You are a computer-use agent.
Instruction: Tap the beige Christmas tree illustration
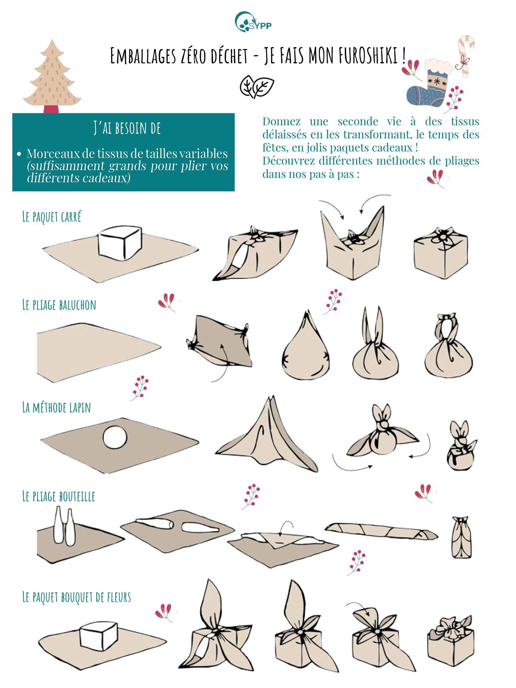pyautogui.click(x=52, y=76)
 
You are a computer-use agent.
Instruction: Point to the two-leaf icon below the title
pyautogui.click(x=257, y=87)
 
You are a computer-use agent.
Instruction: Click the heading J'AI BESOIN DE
pyautogui.click(x=127, y=128)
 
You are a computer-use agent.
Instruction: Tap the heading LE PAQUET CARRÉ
pyautogui.click(x=52, y=217)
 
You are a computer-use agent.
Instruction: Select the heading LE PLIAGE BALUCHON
pyautogui.click(x=59, y=305)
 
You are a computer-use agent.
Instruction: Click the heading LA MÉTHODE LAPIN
pyautogui.click(x=56, y=407)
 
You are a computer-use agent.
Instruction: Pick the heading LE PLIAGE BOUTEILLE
pyautogui.click(x=59, y=496)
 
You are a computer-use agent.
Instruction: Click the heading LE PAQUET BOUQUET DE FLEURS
pyautogui.click(x=77, y=606)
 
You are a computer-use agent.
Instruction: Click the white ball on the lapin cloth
pyautogui.click(x=115, y=439)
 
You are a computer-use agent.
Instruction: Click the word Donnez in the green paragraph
pyautogui.click(x=282, y=121)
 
